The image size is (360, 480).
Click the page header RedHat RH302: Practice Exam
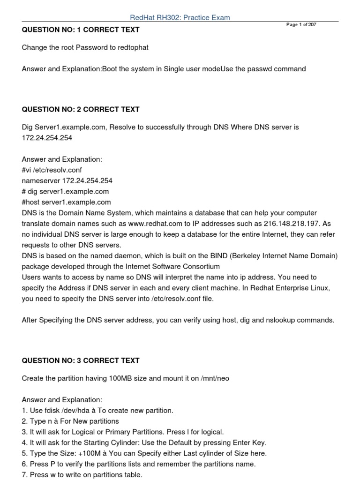click(x=180, y=18)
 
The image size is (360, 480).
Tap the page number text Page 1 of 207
click(x=301, y=25)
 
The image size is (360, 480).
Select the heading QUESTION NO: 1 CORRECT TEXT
click(x=81, y=30)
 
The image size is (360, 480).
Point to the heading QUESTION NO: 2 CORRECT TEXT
click(x=81, y=109)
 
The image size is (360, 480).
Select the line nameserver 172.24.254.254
click(x=67, y=180)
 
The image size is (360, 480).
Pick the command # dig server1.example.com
click(x=65, y=191)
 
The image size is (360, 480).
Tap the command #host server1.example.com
click(x=66, y=202)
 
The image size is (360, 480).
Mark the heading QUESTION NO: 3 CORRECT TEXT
click(x=81, y=360)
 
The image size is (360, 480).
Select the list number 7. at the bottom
click(x=25, y=475)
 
